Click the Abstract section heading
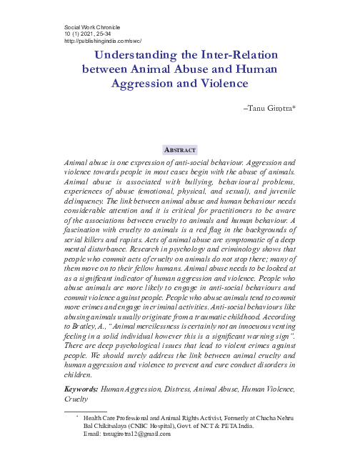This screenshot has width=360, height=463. pyautogui.click(x=180, y=150)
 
